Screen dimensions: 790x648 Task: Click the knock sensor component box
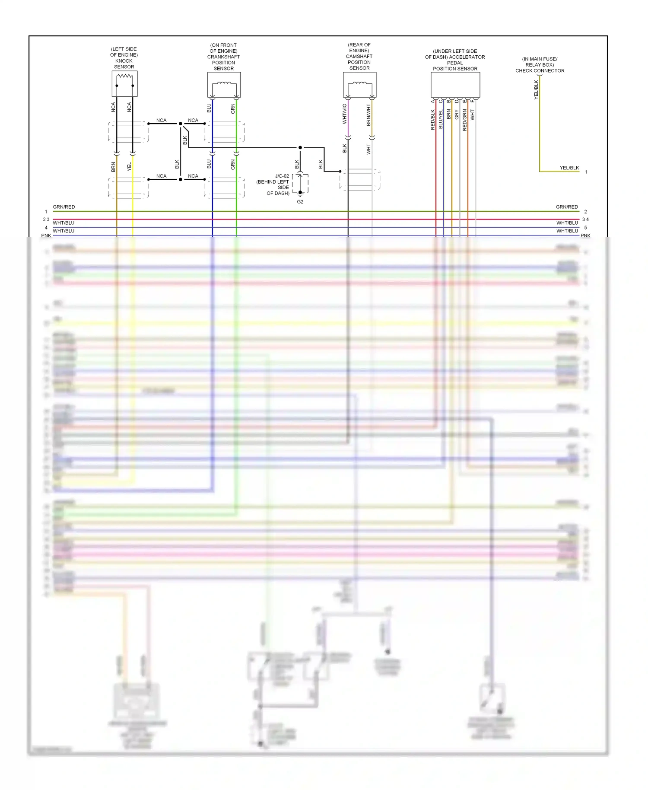pyautogui.click(x=124, y=84)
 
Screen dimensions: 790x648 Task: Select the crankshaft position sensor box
pyautogui.click(x=224, y=85)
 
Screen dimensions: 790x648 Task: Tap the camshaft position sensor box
pyautogui.click(x=359, y=85)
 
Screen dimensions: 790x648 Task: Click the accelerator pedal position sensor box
pyautogui.click(x=455, y=85)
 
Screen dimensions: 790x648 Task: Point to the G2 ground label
pyautogui.click(x=300, y=202)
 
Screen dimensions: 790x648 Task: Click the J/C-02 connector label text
pyautogui.click(x=282, y=176)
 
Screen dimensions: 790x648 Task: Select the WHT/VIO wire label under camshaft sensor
pyautogui.click(x=345, y=114)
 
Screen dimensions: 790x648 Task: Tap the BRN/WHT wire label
pyautogui.click(x=368, y=115)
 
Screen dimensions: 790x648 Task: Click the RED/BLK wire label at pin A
pyautogui.click(x=433, y=120)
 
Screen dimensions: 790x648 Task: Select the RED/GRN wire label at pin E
pyautogui.click(x=465, y=120)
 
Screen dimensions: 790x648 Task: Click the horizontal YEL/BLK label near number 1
pyautogui.click(x=569, y=168)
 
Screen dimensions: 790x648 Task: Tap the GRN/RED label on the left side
pyautogui.click(x=64, y=207)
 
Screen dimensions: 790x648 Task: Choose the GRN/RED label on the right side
pyautogui.click(x=566, y=207)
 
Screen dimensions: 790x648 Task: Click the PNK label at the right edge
pyautogui.click(x=585, y=236)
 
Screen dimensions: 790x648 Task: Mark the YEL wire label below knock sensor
pyautogui.click(x=129, y=167)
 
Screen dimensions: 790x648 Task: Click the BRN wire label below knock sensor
pyautogui.click(x=113, y=167)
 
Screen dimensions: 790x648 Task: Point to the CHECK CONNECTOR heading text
pyautogui.click(x=540, y=70)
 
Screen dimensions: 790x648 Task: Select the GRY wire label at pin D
pyautogui.click(x=457, y=115)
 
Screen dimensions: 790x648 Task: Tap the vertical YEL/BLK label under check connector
pyautogui.click(x=536, y=90)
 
